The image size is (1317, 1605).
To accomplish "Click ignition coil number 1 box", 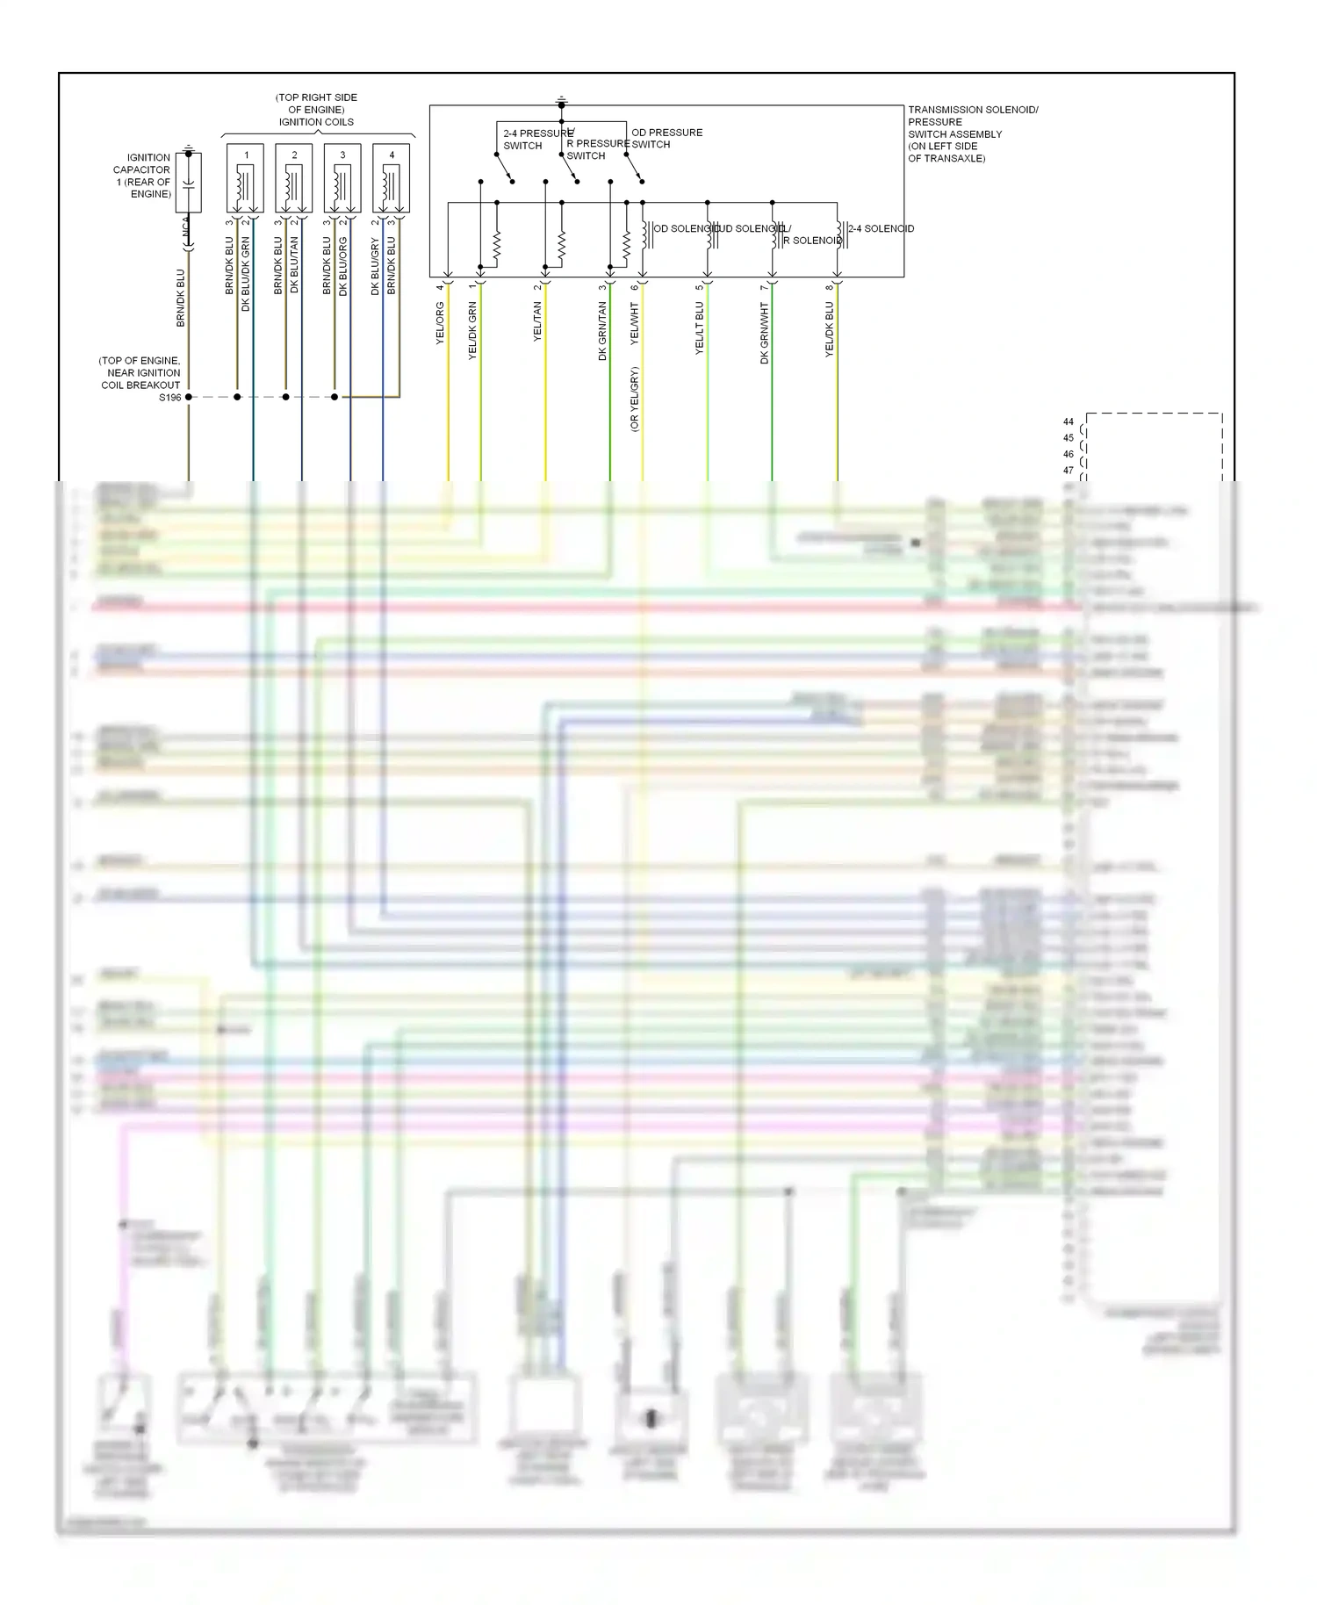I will point(245,179).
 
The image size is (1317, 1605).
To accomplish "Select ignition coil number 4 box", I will point(391,179).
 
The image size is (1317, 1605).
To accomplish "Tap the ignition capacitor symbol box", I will point(188,183).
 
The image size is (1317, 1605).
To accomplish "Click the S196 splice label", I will point(170,398).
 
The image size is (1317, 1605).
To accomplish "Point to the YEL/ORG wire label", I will point(441,322).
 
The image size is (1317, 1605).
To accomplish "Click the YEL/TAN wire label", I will point(537,321).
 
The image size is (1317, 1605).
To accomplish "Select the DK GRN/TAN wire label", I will point(602,331).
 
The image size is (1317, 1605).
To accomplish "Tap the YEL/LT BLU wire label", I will point(700,327).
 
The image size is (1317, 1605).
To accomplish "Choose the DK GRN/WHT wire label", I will point(764,333).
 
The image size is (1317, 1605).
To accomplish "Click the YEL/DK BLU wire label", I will point(829,329).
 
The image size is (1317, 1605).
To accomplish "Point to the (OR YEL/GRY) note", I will point(634,399).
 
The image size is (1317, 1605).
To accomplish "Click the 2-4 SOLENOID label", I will point(881,228).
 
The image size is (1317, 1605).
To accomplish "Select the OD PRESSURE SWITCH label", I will point(666,138).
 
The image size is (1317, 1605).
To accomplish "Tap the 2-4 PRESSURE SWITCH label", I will point(536,140).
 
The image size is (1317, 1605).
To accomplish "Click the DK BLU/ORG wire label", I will point(343,265).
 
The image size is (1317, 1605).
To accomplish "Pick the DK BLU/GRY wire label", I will point(375,265).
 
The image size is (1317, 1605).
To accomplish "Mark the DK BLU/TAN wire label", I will point(294,264).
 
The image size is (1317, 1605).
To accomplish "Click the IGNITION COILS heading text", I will point(316,122).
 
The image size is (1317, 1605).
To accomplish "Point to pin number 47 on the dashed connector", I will point(1068,471).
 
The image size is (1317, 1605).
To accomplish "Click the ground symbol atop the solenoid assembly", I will point(562,101).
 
